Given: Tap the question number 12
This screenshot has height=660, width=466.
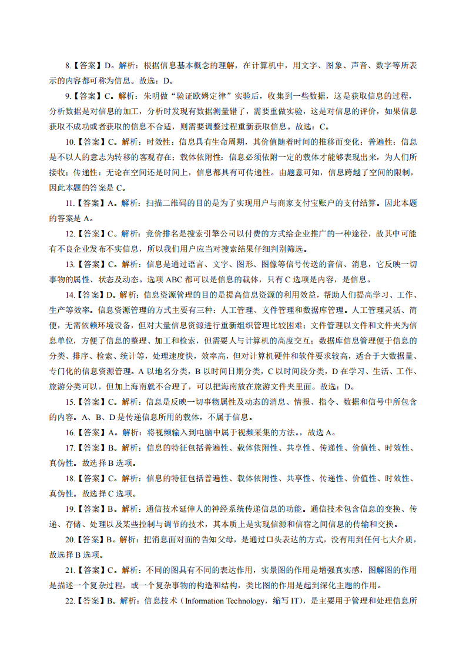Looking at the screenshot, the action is click(x=69, y=234).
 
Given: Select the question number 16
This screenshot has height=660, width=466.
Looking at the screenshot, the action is click(x=69, y=432).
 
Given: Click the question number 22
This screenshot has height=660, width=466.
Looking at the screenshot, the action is click(x=69, y=601).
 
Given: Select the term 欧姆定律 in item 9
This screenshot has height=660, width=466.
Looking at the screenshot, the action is click(x=198, y=96).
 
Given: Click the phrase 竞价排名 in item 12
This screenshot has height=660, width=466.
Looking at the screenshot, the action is click(x=159, y=234).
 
